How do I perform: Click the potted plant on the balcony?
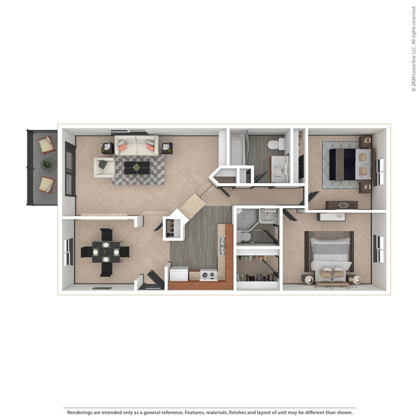tap(47, 164)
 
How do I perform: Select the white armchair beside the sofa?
tap(104, 167)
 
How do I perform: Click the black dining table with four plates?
tap(105, 252)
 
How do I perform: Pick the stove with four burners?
tap(209, 275)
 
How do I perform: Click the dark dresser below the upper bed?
tap(341, 205)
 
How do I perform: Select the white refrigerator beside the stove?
tap(179, 274)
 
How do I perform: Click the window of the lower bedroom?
tap(379, 249)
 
